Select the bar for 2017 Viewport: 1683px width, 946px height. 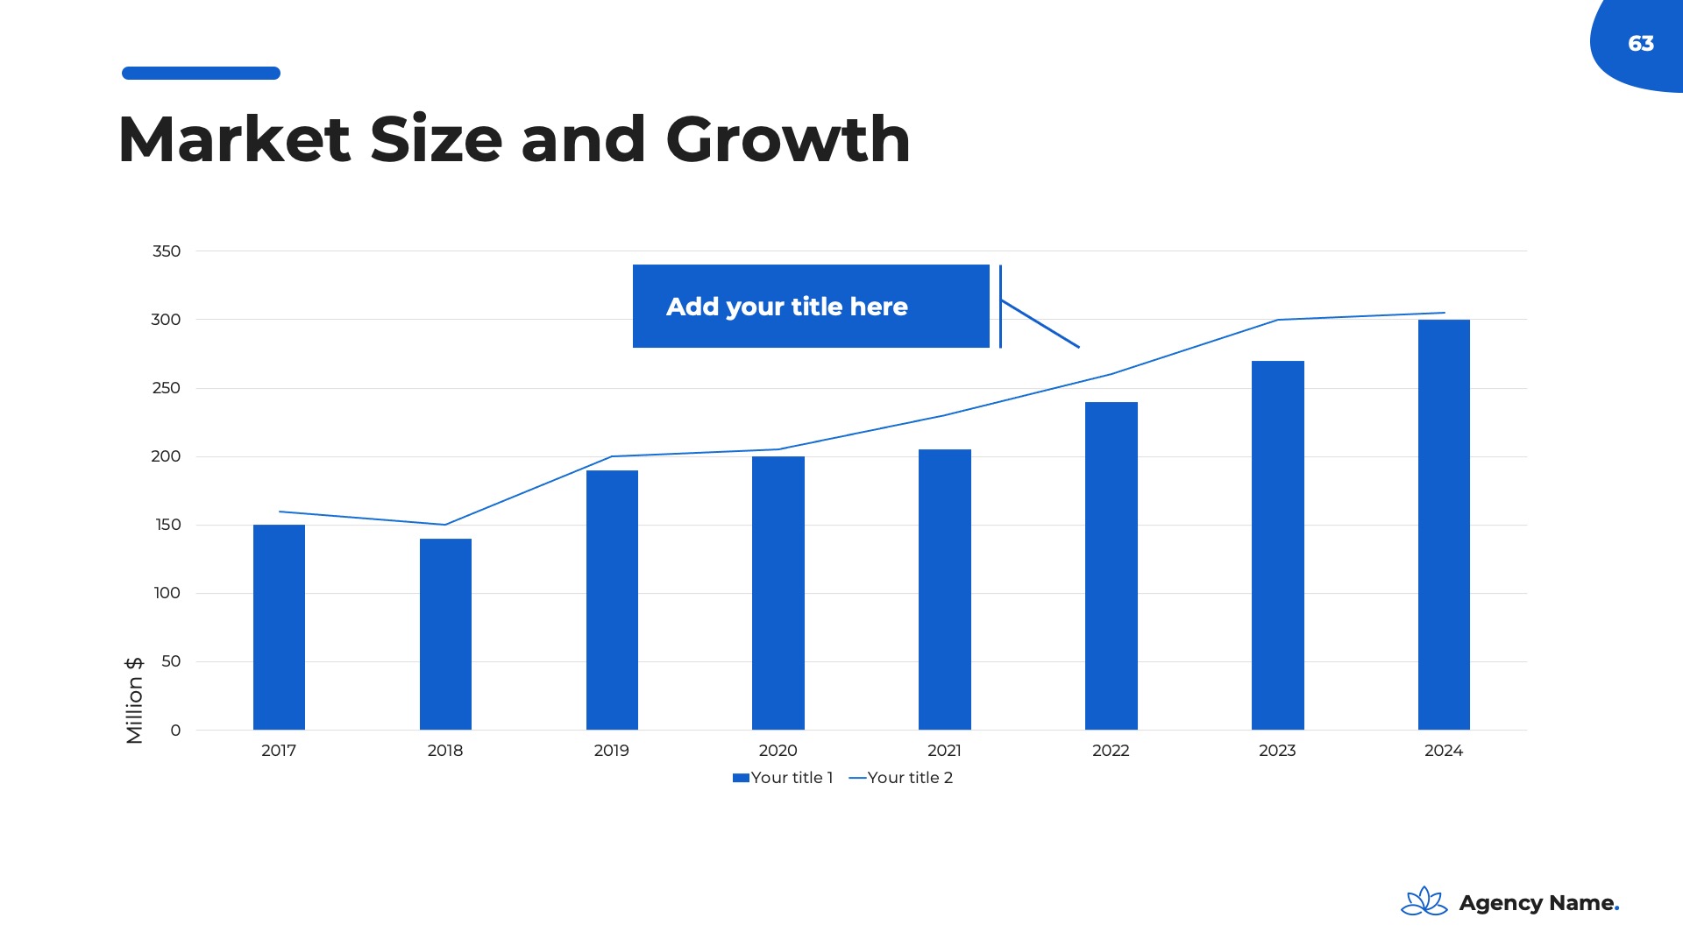coord(279,627)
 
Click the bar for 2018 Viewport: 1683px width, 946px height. coord(445,634)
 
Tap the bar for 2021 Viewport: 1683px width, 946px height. coord(944,589)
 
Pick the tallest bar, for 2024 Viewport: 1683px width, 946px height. coord(1444,525)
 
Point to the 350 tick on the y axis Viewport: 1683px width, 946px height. coord(167,251)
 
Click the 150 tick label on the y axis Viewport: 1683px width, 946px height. coord(167,525)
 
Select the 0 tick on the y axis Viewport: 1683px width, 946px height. coord(175,731)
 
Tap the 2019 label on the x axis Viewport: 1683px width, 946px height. coord(611,751)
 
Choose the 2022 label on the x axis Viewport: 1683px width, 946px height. coord(1111,751)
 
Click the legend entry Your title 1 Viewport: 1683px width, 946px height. coord(783,778)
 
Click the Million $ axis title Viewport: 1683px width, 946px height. coord(134,701)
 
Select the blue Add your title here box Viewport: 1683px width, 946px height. coord(811,307)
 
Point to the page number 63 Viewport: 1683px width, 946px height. coord(1641,44)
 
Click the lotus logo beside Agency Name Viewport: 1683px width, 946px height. coord(1424,901)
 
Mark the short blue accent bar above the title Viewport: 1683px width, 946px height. coord(201,74)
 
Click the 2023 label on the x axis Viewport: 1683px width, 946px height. coord(1277,751)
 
